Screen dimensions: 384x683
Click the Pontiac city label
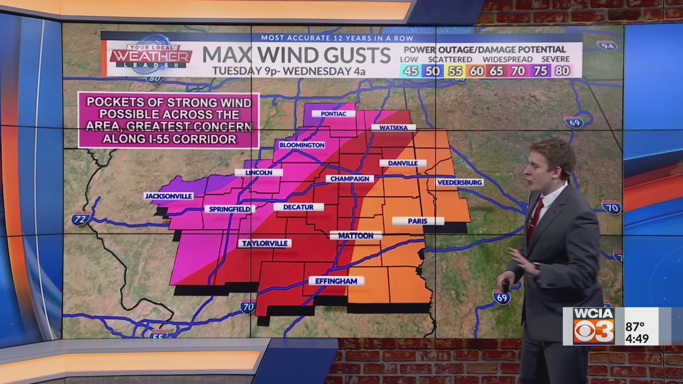click(x=333, y=114)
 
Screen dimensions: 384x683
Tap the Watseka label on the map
click(x=393, y=128)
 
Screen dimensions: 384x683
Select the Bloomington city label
click(x=302, y=145)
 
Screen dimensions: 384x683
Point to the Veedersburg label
click(x=460, y=182)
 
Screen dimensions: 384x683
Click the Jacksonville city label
click(x=169, y=196)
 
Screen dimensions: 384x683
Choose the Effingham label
click(x=336, y=281)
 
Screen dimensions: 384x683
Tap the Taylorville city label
click(x=265, y=244)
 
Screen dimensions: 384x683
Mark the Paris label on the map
click(x=418, y=221)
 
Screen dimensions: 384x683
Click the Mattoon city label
click(x=356, y=236)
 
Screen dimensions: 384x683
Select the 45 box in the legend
click(x=411, y=71)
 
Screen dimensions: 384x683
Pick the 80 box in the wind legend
click(x=562, y=71)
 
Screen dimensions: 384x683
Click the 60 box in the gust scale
click(x=476, y=71)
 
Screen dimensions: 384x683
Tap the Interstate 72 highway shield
click(x=80, y=219)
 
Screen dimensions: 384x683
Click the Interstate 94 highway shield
click(x=607, y=46)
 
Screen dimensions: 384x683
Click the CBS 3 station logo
click(x=594, y=331)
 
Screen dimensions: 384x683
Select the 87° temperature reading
click(x=635, y=326)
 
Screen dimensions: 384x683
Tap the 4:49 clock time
click(x=637, y=338)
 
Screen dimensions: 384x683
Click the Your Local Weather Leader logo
click(x=152, y=56)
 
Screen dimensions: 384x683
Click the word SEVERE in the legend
click(x=555, y=59)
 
